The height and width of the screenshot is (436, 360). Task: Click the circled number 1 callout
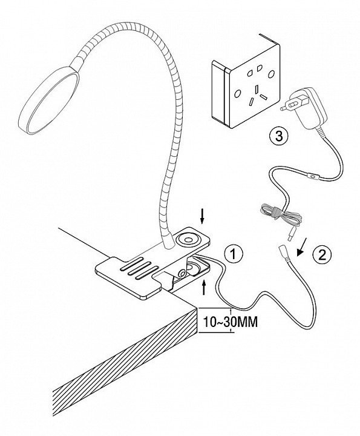pos(234,254)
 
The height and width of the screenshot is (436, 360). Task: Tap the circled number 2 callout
pos(322,255)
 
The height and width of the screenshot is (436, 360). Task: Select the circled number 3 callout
pos(278,136)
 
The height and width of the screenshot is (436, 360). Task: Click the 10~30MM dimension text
pos(231,322)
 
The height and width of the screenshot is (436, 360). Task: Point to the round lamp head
pos(48,100)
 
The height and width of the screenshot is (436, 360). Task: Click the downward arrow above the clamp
pos(203,217)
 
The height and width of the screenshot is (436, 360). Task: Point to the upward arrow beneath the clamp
pos(205,287)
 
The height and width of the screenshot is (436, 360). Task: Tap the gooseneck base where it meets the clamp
pos(168,243)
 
